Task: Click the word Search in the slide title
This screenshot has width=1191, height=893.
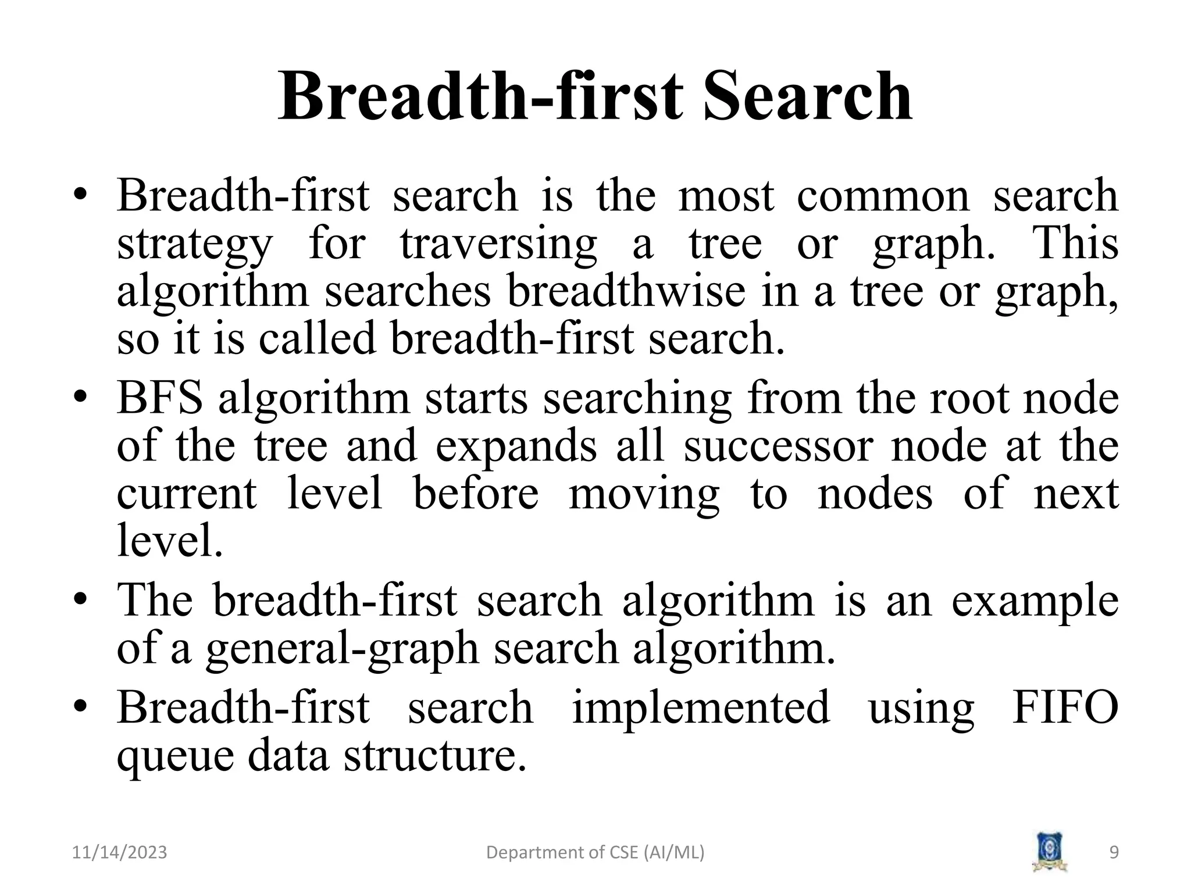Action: click(x=808, y=96)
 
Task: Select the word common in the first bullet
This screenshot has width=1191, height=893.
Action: click(x=883, y=195)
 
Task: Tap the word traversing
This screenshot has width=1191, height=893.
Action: click(x=498, y=244)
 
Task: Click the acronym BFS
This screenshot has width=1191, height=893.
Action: click(x=160, y=399)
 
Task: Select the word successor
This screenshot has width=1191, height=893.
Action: click(x=778, y=446)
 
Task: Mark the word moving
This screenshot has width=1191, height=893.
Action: click(x=644, y=495)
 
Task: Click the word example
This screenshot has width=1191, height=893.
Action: click(x=1035, y=601)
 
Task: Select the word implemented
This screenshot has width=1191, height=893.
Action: click(x=701, y=708)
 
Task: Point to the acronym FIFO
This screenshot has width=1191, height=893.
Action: click(x=1065, y=708)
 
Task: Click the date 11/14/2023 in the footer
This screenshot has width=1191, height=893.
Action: click(x=120, y=853)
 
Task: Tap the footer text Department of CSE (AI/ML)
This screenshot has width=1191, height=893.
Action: click(x=595, y=853)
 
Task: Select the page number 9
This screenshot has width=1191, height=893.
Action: click(x=1114, y=853)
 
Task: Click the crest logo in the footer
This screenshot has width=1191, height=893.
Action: click(x=1050, y=852)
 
